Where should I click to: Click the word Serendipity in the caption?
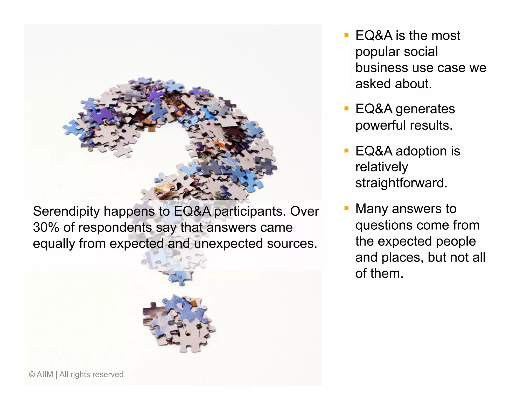[66, 211]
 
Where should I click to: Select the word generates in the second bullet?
[425, 109]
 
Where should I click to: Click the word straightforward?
[401, 183]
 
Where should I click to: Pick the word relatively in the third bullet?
[382, 167]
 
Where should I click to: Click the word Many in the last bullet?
[372, 209]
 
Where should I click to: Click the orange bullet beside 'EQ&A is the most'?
[346, 35]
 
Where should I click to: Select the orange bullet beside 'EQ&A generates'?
[346, 109]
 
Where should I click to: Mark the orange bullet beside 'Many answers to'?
[346, 208]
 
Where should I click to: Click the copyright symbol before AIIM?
[32, 374]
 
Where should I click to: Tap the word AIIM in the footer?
[45, 374]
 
